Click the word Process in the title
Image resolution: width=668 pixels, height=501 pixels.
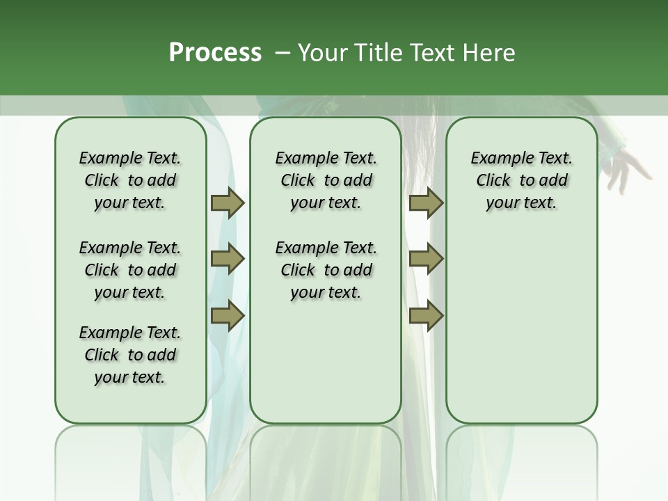coord(215,52)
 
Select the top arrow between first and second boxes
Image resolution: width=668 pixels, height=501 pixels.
coord(228,202)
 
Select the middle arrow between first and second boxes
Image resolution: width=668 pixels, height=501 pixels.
coord(228,259)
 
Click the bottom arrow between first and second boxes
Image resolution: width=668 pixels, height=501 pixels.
coord(228,316)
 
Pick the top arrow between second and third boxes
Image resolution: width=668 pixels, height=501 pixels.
coord(426,202)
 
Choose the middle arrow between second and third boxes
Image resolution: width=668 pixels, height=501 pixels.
coord(426,259)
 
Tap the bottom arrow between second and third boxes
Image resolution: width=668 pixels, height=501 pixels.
coord(426,316)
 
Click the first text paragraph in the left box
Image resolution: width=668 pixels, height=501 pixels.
coord(130,180)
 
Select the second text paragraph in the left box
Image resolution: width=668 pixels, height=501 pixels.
coord(130,270)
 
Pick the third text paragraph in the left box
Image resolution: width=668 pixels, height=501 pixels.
coord(130,355)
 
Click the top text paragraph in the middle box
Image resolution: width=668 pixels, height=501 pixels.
coord(326,180)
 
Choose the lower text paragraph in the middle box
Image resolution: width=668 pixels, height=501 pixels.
coord(326,270)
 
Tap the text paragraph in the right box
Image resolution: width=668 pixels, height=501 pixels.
coord(521,180)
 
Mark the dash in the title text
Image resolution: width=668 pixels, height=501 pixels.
coord(283,52)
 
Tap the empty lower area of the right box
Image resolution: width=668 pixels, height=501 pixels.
coord(521,327)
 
